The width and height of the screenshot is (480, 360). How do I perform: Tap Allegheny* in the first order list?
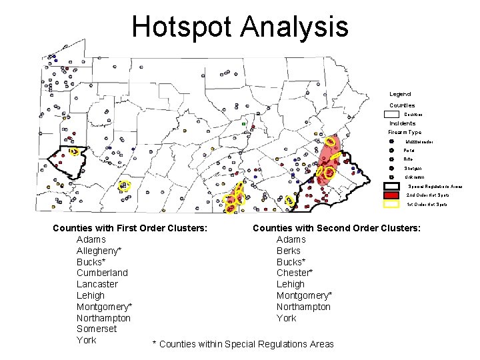(99, 251)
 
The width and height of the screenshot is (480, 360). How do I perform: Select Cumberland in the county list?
(102, 273)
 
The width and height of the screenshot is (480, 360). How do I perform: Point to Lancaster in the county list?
(97, 284)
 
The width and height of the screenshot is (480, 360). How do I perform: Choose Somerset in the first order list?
(97, 329)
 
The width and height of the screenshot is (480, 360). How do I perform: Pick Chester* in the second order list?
(295, 273)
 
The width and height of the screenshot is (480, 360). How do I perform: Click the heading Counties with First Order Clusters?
(129, 228)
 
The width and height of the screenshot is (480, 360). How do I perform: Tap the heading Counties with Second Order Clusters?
(336, 228)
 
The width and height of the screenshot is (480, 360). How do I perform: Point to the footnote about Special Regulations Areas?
(243, 344)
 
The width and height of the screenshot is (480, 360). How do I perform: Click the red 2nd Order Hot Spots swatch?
(392, 195)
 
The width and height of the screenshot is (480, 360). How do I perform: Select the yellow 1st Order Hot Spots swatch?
(392, 204)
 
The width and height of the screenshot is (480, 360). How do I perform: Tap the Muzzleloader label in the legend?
(419, 141)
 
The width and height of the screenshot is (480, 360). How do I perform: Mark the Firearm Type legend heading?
(405, 132)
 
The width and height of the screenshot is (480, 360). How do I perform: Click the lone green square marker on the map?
(245, 124)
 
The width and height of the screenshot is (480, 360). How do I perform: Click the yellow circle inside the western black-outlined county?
(75, 152)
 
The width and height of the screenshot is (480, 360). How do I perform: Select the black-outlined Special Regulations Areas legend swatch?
(392, 186)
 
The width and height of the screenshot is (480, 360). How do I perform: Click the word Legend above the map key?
(400, 94)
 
